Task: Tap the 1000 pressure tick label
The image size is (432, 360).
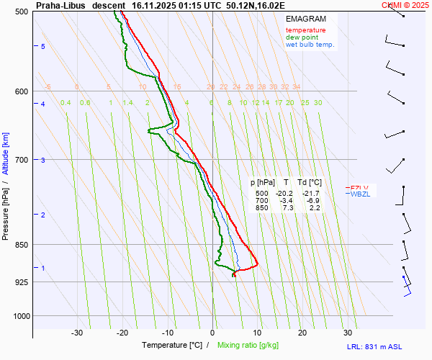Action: click(x=21, y=316)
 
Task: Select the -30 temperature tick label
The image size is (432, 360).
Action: click(x=77, y=333)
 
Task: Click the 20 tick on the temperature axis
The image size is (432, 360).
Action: click(x=302, y=333)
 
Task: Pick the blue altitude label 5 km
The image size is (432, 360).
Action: click(x=43, y=47)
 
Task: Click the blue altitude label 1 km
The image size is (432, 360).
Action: click(x=43, y=269)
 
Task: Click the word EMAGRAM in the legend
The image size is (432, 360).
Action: click(x=305, y=19)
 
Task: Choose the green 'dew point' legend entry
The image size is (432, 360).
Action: click(x=303, y=37)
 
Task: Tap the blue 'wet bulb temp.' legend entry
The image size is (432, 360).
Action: click(x=310, y=45)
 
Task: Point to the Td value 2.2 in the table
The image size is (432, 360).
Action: click(x=314, y=208)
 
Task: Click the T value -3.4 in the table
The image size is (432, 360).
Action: click(x=286, y=201)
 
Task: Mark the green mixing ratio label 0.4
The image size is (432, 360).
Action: click(x=66, y=103)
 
